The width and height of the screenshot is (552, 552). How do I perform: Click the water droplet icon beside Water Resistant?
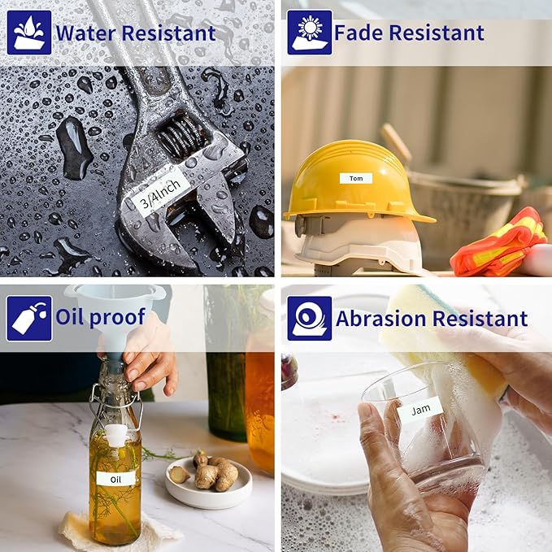(x=29, y=33)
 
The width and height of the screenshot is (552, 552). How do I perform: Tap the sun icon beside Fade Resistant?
(x=310, y=33)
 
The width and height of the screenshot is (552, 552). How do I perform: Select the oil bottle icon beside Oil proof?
(x=29, y=318)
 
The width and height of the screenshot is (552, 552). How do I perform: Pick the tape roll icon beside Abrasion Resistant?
(x=310, y=318)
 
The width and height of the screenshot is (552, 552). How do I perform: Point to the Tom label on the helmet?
(x=356, y=179)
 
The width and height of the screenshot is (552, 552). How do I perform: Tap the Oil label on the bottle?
(x=115, y=480)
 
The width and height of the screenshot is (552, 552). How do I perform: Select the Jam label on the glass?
(x=420, y=410)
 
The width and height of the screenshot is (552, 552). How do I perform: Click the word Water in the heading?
(x=86, y=33)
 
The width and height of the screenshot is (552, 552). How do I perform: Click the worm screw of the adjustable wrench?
(x=180, y=136)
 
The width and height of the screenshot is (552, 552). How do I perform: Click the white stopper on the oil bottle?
(x=115, y=436)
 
